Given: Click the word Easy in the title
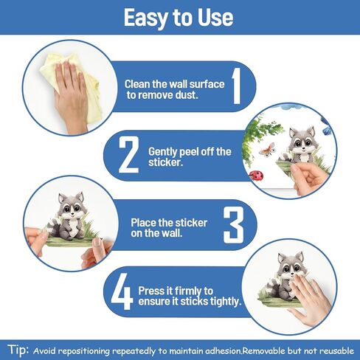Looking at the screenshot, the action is click(x=146, y=18).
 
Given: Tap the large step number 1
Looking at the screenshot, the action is click(x=236, y=86).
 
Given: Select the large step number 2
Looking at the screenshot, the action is click(x=129, y=155).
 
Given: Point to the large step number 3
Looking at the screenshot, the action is click(x=234, y=225).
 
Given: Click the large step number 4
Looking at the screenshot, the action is click(x=122, y=291).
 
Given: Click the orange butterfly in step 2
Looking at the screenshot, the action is click(x=267, y=150).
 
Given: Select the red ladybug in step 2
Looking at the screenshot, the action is click(x=256, y=176).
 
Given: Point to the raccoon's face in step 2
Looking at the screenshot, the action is click(x=302, y=142).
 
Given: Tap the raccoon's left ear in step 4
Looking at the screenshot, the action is click(x=281, y=258).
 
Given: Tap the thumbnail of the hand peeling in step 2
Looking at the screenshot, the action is click(x=289, y=150).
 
